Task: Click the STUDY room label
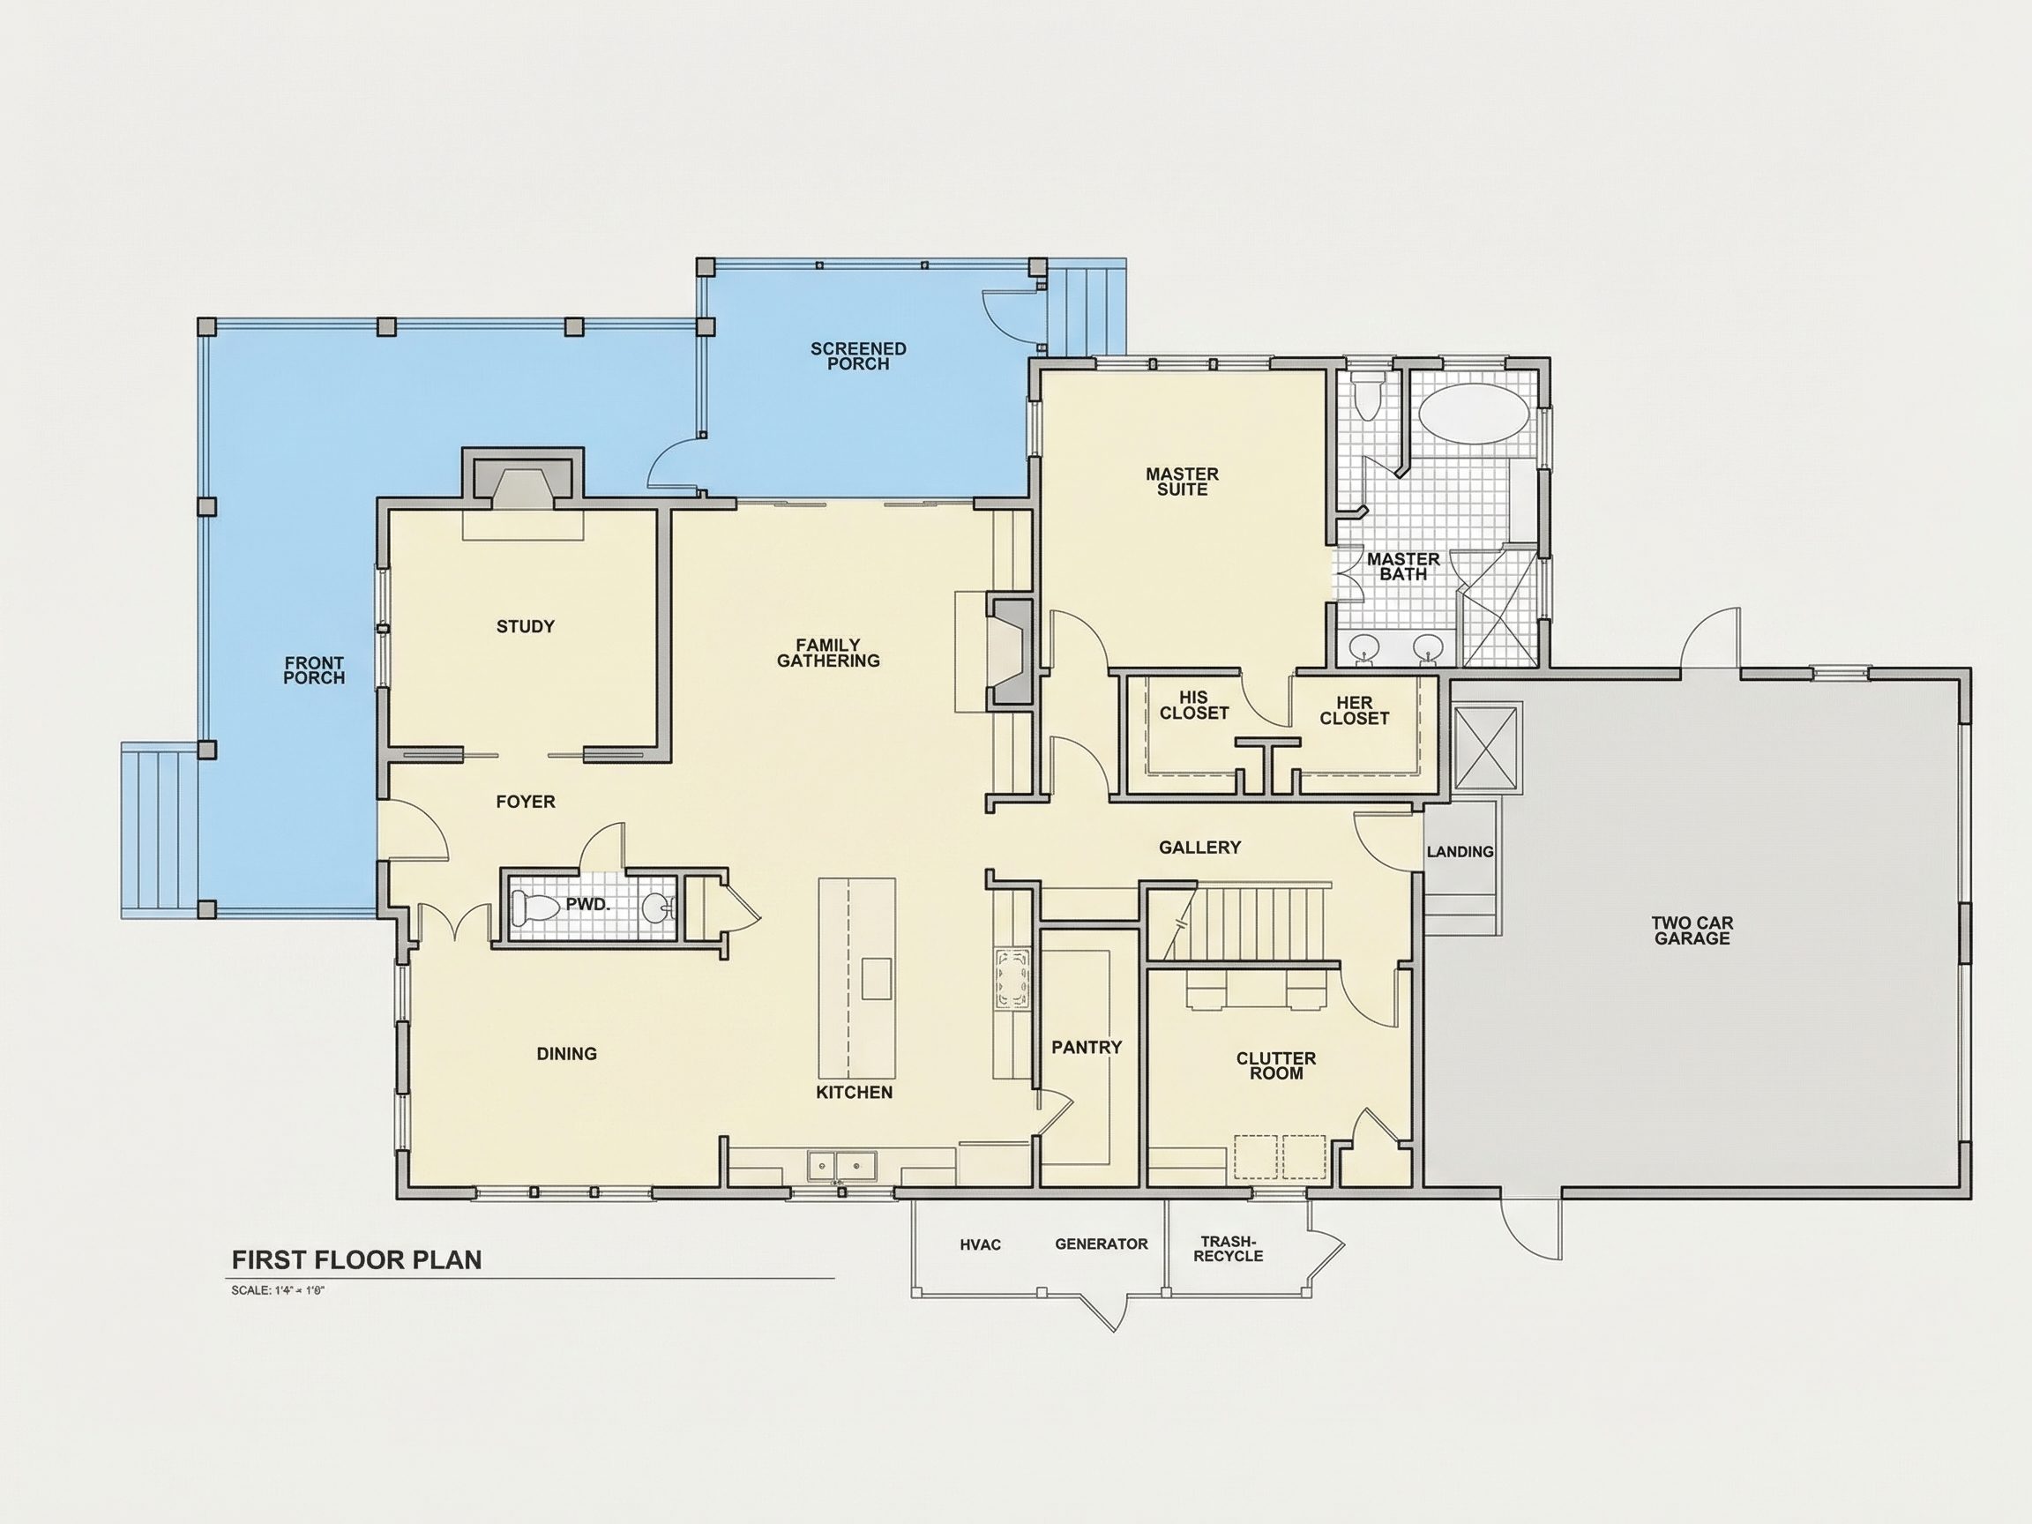[x=526, y=626]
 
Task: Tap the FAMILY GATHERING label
[x=829, y=654]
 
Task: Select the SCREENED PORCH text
[x=858, y=356]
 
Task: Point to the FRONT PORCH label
[x=314, y=670]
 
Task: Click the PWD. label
[x=588, y=905]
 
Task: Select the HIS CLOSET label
[x=1194, y=705]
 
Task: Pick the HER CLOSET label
[x=1354, y=711]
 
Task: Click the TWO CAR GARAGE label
[x=1692, y=930]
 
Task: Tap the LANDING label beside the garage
[x=1460, y=852]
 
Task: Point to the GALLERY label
[x=1199, y=847]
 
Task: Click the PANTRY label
[x=1087, y=1047]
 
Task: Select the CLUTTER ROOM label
[x=1276, y=1065]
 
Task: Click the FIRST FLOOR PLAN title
[x=356, y=1260]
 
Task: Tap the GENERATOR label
[x=1102, y=1244]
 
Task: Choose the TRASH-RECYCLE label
[x=1229, y=1249]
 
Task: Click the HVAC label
[x=980, y=1244]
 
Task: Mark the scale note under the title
[x=280, y=1290]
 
